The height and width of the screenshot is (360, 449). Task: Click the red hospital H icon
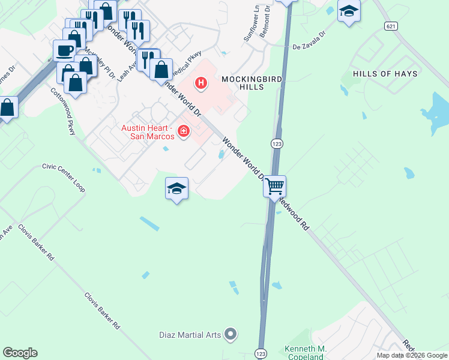coord(201,82)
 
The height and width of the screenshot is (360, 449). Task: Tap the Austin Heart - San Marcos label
coord(148,132)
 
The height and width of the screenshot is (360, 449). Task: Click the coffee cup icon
coord(64,50)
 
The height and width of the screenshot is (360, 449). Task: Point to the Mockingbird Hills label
coord(251,83)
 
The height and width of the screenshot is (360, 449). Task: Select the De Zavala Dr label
coord(309,41)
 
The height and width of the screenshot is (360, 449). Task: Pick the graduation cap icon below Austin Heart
coord(176,189)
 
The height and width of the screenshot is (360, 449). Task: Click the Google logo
coord(20,353)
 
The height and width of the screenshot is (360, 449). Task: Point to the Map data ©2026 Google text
coord(412,355)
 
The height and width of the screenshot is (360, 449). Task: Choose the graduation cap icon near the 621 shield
coord(348,11)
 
